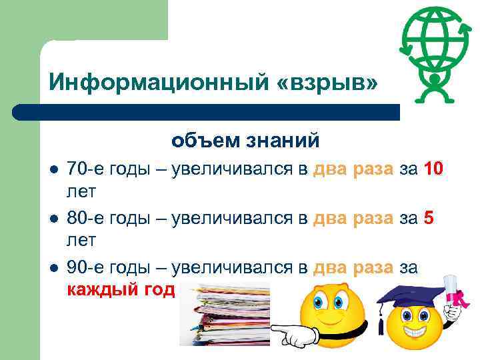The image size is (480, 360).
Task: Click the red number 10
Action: [433, 169]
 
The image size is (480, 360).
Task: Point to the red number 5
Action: [429, 218]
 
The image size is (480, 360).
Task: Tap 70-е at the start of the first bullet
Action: [84, 169]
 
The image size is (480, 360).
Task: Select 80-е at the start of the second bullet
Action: [84, 218]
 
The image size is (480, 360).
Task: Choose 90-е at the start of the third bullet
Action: [84, 267]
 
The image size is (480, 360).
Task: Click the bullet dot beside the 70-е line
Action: [53, 169]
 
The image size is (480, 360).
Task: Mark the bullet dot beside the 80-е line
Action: [53, 219]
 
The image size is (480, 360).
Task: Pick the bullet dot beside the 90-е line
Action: [53, 268]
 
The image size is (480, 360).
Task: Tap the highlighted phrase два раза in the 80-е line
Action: [353, 218]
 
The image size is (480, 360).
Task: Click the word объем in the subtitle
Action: [201, 141]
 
